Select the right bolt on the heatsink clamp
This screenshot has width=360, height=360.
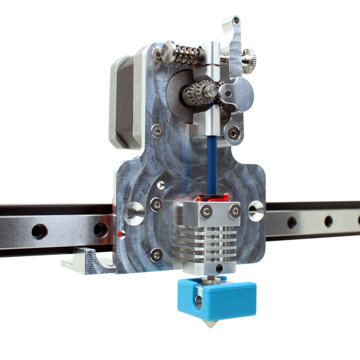[x=234, y=211]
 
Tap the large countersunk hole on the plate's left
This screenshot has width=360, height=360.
[x=133, y=213]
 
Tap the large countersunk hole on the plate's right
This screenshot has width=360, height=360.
[x=256, y=210]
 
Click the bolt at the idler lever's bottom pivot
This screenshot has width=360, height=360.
[x=234, y=132]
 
